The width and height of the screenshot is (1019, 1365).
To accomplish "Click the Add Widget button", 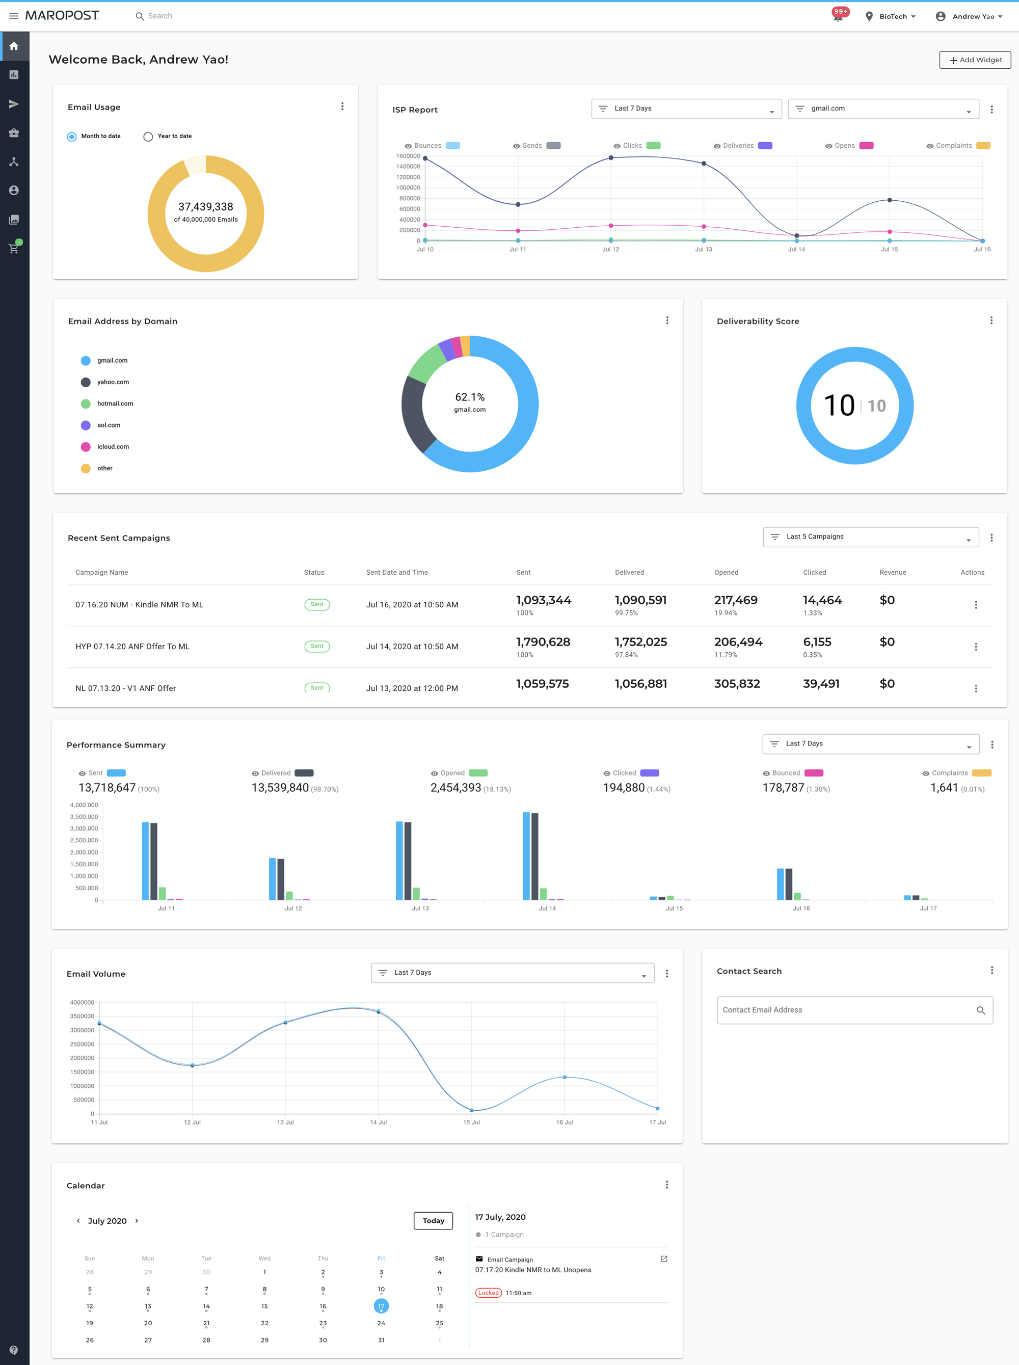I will [x=975, y=60].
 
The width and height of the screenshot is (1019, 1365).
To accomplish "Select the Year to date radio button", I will [x=148, y=137].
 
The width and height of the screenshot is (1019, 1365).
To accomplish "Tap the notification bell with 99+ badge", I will [x=838, y=17].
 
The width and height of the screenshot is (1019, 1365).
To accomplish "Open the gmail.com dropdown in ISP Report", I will [x=882, y=109].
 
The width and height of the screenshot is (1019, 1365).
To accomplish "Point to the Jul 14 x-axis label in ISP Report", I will [x=796, y=250].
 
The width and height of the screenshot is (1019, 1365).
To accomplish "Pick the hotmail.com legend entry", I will [x=115, y=404].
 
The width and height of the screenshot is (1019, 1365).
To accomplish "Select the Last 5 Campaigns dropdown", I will [x=870, y=537].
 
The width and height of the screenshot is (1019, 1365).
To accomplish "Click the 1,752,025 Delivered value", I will [x=641, y=642].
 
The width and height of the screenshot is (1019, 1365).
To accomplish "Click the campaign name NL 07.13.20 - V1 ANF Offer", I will [x=126, y=688].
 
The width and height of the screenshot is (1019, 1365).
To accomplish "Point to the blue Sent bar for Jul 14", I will [x=526, y=856].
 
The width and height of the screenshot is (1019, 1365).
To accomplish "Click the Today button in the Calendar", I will [x=433, y=1221].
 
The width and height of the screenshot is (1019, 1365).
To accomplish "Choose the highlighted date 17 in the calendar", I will [x=381, y=1306].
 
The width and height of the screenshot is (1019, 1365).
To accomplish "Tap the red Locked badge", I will [x=488, y=1293].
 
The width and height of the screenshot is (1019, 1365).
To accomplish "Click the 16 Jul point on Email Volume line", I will [x=565, y=1077].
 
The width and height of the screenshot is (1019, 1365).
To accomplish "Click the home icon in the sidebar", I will [x=14, y=46].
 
